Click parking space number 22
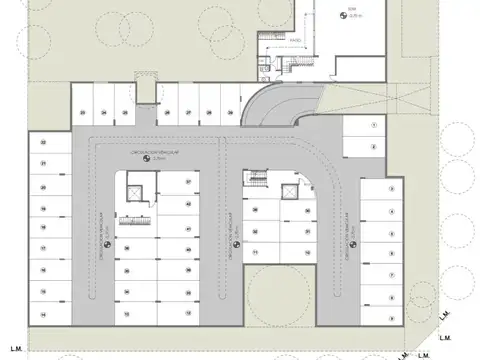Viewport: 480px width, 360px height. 43,144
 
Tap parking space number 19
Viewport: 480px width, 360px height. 43,207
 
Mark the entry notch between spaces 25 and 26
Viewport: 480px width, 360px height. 144,92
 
